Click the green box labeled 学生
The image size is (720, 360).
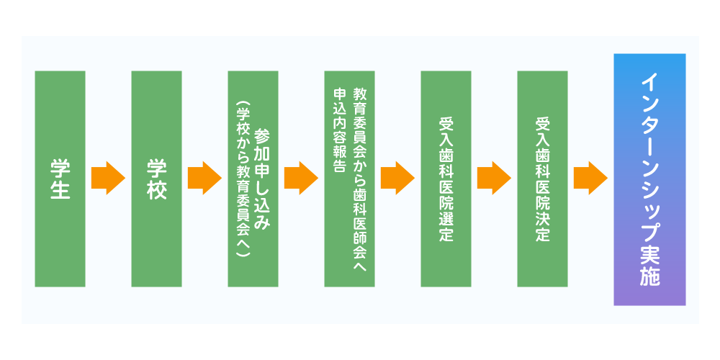tap(60, 179)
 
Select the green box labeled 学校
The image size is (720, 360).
tap(156, 179)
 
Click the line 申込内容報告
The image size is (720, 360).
tap(341, 130)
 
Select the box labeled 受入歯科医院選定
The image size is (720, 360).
tap(446, 179)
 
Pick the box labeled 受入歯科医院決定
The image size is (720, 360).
tap(542, 179)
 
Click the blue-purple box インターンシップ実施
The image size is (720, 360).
tap(649, 179)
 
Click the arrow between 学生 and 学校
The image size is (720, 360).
tap(109, 178)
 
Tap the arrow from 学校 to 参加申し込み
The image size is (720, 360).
tap(204, 178)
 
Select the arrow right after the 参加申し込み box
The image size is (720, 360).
tap(301, 178)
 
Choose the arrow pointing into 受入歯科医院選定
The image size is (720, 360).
tap(397, 178)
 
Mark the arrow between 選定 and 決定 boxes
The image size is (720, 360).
tap(494, 178)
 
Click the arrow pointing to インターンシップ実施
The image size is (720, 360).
tap(590, 178)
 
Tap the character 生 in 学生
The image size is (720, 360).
tap(60, 189)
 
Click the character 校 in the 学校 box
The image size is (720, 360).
tap(156, 189)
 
